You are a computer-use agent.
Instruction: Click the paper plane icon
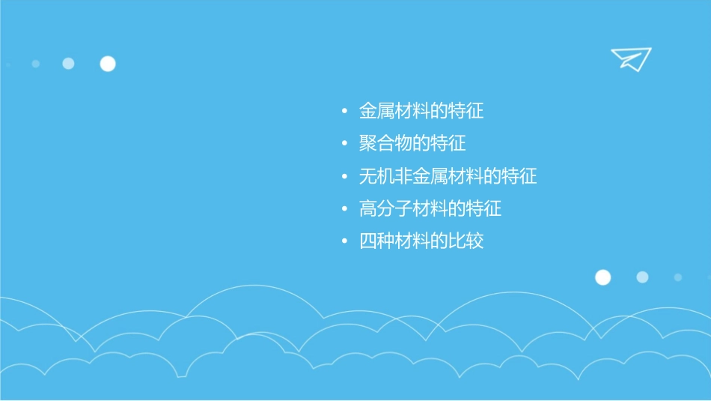point(630,58)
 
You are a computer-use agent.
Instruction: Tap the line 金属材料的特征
point(421,112)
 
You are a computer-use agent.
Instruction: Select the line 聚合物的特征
point(412,143)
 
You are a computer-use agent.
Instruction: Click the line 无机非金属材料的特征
point(448,177)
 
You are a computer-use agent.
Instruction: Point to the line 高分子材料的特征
point(430,208)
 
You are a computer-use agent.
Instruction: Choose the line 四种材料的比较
point(421,241)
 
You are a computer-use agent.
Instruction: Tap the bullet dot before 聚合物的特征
point(344,144)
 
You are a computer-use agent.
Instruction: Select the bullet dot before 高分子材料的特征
point(344,209)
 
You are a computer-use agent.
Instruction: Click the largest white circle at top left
point(108,64)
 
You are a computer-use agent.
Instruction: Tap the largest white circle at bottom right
point(602,277)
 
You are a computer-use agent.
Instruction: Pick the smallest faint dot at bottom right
point(678,277)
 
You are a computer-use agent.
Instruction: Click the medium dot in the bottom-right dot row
point(642,277)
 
